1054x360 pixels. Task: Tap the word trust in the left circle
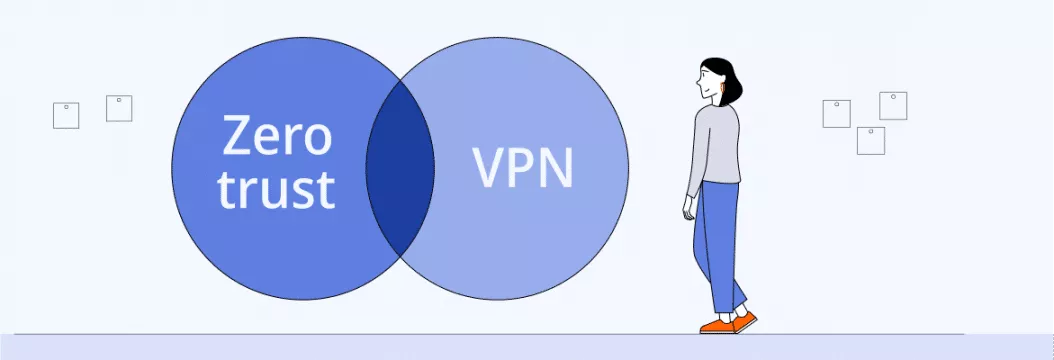[x=276, y=190]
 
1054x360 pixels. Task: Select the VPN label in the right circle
[x=523, y=168]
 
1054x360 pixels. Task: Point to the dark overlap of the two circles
[x=400, y=167]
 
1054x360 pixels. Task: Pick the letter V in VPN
[x=488, y=168]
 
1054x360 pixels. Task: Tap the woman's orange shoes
[x=728, y=323]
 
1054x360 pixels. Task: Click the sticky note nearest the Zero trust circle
[x=119, y=108]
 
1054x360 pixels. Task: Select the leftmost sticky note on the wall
[x=66, y=115]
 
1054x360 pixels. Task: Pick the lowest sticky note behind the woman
[x=870, y=140]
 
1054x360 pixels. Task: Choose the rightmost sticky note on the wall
[x=893, y=105]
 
